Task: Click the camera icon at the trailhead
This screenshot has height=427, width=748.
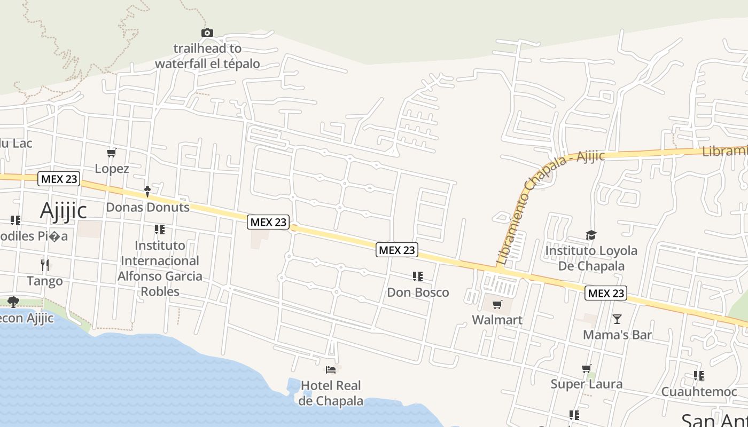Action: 207,33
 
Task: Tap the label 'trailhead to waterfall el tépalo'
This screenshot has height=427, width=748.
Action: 207,56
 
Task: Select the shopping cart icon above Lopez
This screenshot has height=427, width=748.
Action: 112,153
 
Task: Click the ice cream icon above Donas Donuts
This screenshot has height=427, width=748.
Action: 147,191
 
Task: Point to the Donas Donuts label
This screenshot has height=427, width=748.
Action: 147,207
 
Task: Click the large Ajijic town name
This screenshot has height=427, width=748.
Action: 63,211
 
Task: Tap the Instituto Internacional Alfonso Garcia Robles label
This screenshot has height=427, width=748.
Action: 160,268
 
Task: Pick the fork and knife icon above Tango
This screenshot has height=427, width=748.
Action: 45,265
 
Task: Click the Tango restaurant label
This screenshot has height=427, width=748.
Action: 45,281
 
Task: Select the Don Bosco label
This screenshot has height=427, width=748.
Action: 418,292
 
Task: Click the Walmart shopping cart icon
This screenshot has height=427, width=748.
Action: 497,305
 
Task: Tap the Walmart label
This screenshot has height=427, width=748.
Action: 497,320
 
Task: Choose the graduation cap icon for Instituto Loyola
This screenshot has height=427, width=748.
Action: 591,235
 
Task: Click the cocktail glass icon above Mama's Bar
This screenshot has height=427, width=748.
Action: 617,319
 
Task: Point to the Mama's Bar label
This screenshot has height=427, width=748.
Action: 617,335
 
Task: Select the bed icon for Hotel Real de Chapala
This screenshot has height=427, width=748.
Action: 331,369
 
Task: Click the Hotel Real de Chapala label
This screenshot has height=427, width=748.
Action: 331,393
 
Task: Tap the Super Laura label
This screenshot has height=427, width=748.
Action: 587,384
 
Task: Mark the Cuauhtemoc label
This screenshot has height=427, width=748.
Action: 699,392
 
